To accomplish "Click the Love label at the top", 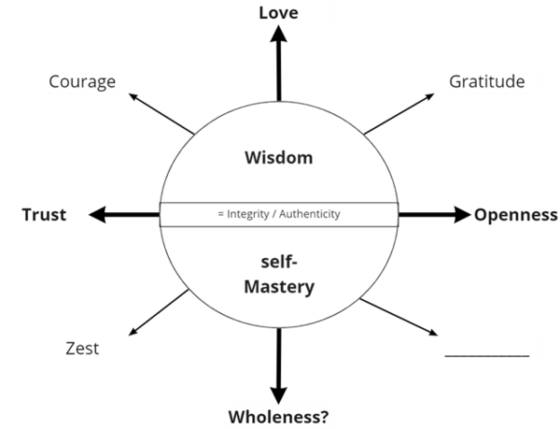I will click(x=279, y=14).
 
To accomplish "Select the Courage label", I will click(x=82, y=81).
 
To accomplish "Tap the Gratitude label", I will click(x=486, y=81).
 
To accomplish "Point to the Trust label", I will click(x=45, y=215).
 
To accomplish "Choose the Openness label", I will click(x=515, y=215).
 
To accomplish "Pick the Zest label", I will click(x=82, y=349).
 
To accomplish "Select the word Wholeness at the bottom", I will click(x=273, y=415).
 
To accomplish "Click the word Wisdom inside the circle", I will click(x=278, y=158).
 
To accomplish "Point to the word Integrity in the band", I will click(x=247, y=214).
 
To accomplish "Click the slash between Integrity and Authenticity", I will click(x=273, y=214).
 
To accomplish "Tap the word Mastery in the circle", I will click(x=278, y=288).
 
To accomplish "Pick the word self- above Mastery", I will click(x=278, y=265).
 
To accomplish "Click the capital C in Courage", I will click(x=54, y=81).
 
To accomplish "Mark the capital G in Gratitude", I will click(x=455, y=81).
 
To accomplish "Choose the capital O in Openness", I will click(x=480, y=215).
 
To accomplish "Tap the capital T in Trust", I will click(x=28, y=215).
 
